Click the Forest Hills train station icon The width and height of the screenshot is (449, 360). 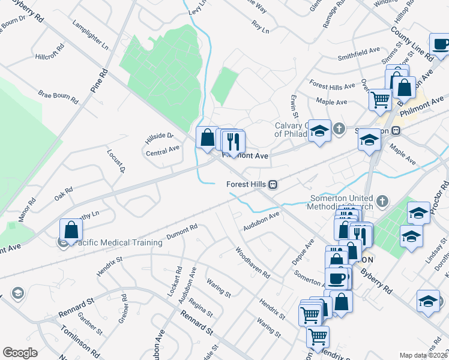[x=273, y=184]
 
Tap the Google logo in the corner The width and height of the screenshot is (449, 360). [x=20, y=353]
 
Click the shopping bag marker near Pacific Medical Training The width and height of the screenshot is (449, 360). [x=71, y=230]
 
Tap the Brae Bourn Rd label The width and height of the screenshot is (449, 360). [x=58, y=97]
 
